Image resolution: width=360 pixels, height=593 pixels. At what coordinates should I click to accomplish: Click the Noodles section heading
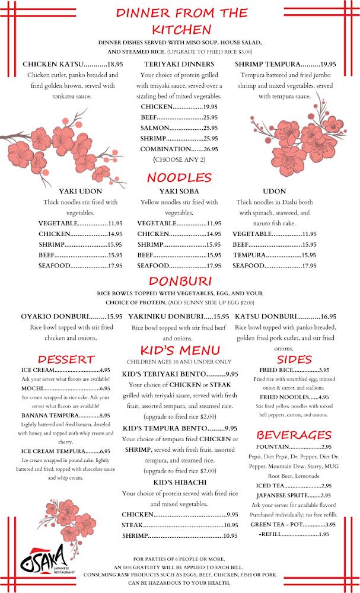[x=179, y=177]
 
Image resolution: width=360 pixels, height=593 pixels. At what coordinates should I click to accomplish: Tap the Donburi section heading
[x=179, y=280]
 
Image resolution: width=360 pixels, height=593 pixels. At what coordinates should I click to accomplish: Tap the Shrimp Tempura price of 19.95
[x=328, y=64]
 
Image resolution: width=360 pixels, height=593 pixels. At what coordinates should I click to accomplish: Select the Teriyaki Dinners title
[x=179, y=64]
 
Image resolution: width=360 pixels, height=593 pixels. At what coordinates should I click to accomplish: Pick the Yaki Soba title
[x=179, y=191]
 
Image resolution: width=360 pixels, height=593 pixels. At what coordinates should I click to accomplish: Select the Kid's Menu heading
[x=179, y=350]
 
